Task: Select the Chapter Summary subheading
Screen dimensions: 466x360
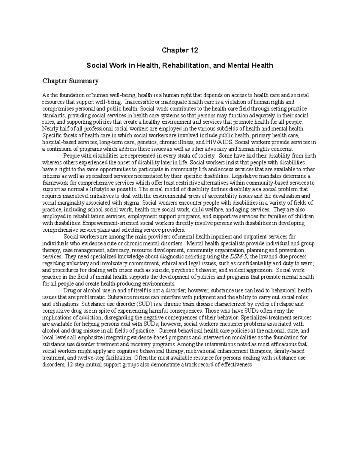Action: pyautogui.click(x=70, y=81)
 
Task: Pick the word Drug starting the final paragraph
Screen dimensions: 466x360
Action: pyautogui.click(x=68, y=290)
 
